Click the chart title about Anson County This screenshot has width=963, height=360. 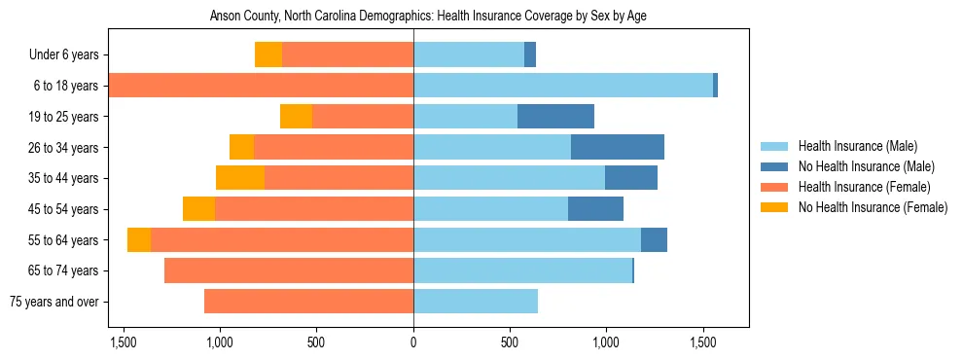tap(428, 17)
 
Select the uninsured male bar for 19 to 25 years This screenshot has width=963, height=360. tap(555, 117)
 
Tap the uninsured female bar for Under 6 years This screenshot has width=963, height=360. tap(268, 54)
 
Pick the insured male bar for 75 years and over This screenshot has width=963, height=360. tap(476, 302)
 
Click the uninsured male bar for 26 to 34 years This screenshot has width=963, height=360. tap(618, 147)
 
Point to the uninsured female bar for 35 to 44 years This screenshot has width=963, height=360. tap(240, 178)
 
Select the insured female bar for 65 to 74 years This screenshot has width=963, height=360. tap(289, 270)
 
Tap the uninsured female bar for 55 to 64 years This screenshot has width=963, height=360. tap(139, 239)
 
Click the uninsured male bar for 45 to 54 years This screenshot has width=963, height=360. tap(595, 209)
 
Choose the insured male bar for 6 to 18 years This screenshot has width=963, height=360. tap(563, 86)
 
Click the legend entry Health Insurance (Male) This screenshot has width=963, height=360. tap(858, 146)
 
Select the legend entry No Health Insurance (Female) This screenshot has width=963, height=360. tap(873, 207)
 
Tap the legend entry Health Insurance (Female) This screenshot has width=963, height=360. tap(865, 187)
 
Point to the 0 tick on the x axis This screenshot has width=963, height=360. tap(413, 342)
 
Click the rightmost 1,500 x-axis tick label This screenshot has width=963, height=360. tap(703, 342)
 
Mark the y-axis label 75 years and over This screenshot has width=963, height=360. tap(53, 302)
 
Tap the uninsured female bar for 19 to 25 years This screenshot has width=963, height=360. tap(296, 117)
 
